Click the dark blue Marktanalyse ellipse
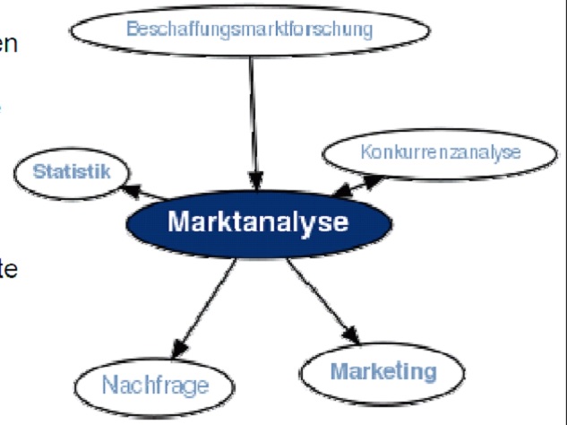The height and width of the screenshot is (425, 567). pyautogui.click(x=257, y=221)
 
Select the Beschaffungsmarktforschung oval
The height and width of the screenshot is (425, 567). pyautogui.click(x=249, y=30)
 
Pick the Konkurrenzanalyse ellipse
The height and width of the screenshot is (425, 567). pyautogui.click(x=440, y=152)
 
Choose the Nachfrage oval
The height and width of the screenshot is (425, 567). pyautogui.click(x=154, y=385)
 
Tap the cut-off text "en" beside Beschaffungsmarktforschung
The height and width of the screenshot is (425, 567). pyautogui.click(x=8, y=42)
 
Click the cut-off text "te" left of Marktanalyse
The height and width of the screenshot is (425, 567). pyautogui.click(x=8, y=267)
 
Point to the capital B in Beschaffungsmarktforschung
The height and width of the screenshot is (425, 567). pyautogui.click(x=132, y=30)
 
